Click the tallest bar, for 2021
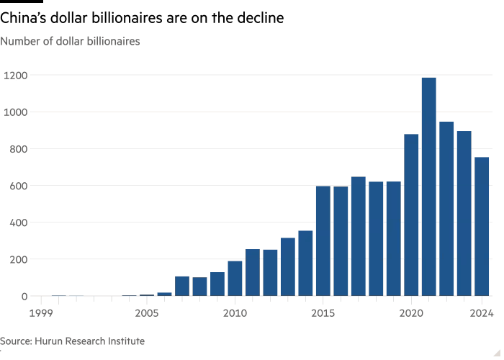click(x=429, y=186)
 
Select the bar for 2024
click(x=482, y=226)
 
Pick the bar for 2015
click(x=323, y=240)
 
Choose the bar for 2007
click(x=182, y=286)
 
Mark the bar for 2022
click(x=446, y=209)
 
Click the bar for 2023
click(x=464, y=213)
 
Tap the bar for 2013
click(x=288, y=266)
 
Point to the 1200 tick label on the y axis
click(x=17, y=75)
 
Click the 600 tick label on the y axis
click(x=17, y=186)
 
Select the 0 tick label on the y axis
click(x=24, y=296)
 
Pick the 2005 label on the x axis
click(x=147, y=313)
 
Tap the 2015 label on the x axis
click(x=323, y=313)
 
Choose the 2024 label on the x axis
click(x=482, y=313)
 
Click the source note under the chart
click(x=72, y=341)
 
